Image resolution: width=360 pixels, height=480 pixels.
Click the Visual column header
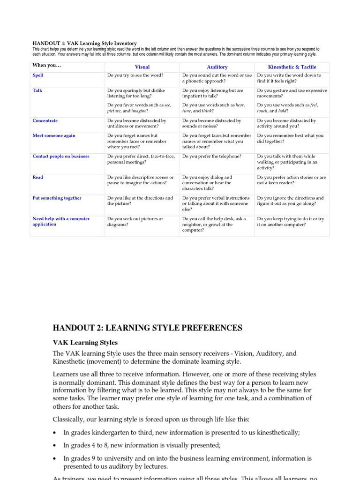point(142,67)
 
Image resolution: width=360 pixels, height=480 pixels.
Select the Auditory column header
point(217,67)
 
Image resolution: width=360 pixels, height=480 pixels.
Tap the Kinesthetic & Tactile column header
point(292,67)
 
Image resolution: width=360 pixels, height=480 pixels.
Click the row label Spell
point(38,75)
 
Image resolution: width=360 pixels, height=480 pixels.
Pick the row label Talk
point(37,90)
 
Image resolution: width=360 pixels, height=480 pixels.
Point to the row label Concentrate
point(45,120)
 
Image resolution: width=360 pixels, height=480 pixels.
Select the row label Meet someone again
point(54,135)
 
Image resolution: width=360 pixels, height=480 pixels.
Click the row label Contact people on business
point(61,156)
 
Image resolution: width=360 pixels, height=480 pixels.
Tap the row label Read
point(38,177)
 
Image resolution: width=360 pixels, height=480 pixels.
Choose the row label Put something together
point(57,198)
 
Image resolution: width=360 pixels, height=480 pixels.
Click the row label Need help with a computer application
point(61,221)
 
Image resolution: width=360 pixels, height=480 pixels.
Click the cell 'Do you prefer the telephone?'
point(212,156)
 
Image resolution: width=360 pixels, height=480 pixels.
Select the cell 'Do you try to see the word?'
point(135,75)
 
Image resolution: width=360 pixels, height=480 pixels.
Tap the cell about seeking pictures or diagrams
point(135,221)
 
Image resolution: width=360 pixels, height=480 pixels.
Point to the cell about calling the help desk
point(214,224)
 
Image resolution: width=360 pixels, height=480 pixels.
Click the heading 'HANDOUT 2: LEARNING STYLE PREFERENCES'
point(148,328)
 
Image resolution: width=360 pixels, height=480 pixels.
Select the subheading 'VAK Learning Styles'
point(85,343)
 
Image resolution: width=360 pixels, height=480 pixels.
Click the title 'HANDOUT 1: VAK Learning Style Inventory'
point(84,43)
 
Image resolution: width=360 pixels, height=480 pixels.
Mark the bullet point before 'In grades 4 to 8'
point(55,445)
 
